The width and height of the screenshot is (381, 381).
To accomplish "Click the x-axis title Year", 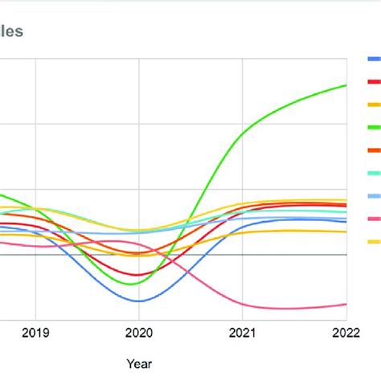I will (139, 364).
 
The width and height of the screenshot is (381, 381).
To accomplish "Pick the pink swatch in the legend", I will (374, 219).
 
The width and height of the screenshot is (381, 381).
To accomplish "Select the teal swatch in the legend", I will (374, 173).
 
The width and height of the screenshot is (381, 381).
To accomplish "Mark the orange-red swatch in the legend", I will (374, 150).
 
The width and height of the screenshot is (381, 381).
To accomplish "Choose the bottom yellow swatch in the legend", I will (374, 241).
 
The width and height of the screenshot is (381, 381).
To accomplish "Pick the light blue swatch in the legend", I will (374, 196).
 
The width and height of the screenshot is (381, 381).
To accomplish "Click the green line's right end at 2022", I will (346, 85).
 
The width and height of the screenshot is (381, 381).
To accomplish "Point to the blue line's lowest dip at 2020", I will (140, 301).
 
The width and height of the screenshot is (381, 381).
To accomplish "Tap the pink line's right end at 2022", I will (346, 304).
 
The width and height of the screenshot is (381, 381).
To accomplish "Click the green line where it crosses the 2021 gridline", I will (243, 133).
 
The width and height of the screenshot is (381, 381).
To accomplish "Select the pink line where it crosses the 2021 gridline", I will (243, 303).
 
